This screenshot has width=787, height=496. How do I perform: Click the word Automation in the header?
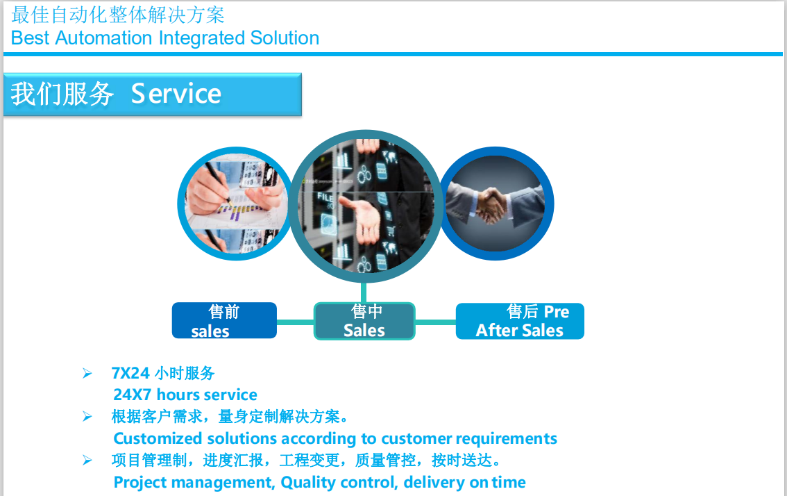point(103,38)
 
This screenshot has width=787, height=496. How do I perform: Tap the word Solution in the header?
point(285,38)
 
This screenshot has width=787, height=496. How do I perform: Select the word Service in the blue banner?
point(176,94)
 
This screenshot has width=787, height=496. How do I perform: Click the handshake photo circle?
point(496,204)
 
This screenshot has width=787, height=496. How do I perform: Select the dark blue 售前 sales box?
point(224,321)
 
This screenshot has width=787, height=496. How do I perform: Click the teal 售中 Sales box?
point(364,321)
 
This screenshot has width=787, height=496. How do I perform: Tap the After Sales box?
point(520,321)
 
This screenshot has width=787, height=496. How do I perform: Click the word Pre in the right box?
point(557,312)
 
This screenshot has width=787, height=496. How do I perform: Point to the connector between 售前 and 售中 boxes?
point(295,322)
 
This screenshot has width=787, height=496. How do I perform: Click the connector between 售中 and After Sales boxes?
point(435,322)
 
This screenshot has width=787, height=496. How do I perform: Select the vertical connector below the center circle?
point(364,292)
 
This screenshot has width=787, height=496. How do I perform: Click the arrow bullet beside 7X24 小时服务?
point(87,373)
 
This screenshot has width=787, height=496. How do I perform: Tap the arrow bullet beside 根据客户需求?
point(87,417)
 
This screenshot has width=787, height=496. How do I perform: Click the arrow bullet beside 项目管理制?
point(87,461)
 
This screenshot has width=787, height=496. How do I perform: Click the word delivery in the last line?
point(434,482)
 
